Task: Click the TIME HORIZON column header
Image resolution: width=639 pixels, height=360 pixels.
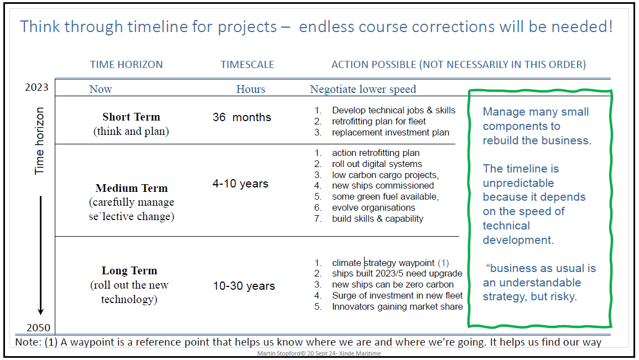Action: pos(126,64)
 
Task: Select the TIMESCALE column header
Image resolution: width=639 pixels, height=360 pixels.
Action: pos(247,64)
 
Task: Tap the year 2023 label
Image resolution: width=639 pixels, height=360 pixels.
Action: pos(37,87)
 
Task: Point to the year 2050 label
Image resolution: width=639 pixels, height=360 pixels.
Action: pos(38,327)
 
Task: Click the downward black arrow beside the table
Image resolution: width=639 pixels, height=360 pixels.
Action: pos(41,255)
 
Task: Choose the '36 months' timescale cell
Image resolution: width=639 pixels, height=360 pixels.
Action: pos(242,117)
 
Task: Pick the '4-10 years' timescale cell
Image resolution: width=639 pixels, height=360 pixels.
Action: pos(241,184)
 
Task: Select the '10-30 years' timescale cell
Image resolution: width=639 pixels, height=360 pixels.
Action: pos(244,286)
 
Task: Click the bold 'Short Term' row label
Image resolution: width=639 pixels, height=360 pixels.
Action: pos(131,117)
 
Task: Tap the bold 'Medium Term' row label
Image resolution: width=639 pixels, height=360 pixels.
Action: pos(132,188)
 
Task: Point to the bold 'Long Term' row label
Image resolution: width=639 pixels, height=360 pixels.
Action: pos(129,271)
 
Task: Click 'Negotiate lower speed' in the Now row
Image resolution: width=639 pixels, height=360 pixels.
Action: pos(363,89)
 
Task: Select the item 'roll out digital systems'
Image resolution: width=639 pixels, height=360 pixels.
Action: pos(377,164)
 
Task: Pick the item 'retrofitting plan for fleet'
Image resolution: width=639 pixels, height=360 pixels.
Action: pos(378,121)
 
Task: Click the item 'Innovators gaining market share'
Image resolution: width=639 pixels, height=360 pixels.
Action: pos(397,307)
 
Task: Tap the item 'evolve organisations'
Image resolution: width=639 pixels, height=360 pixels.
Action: pos(373,208)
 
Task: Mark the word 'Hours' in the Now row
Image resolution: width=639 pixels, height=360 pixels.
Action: pos(251,89)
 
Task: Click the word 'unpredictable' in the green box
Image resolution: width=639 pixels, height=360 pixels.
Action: pos(518,183)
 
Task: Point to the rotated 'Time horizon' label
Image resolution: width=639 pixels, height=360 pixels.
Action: pos(39,141)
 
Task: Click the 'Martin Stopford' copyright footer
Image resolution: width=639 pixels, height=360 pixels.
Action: pos(319,353)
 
